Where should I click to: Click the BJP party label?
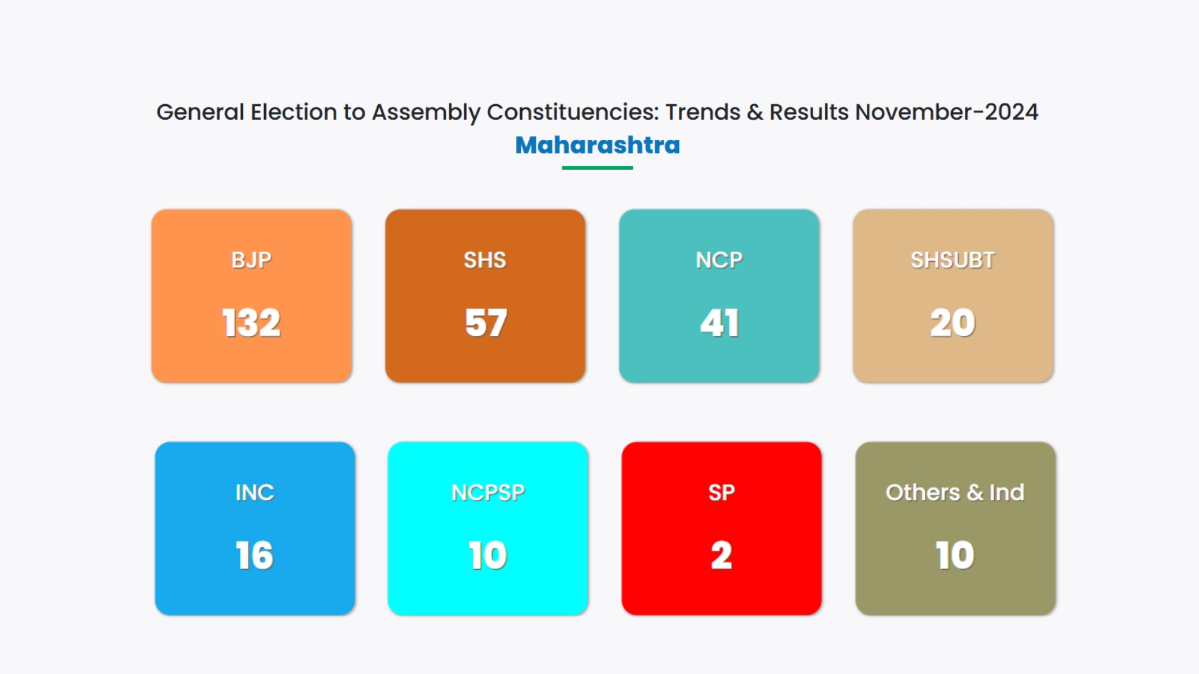click(251, 260)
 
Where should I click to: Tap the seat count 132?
click(251, 323)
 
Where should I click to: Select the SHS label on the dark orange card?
click(485, 260)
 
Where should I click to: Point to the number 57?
click(486, 323)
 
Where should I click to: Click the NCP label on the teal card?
click(719, 260)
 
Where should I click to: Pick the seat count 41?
click(719, 323)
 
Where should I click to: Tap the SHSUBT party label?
click(952, 260)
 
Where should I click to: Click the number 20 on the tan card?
click(952, 323)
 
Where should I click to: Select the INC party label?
click(255, 492)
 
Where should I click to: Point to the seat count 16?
click(254, 555)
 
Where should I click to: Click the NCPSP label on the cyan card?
click(488, 492)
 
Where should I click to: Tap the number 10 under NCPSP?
click(488, 555)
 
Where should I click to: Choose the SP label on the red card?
click(721, 492)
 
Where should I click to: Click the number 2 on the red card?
click(721, 555)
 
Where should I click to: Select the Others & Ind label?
click(955, 492)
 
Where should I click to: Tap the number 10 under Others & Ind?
click(955, 555)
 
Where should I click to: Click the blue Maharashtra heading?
click(598, 145)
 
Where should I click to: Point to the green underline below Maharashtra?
click(598, 168)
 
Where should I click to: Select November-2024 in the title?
click(946, 112)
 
